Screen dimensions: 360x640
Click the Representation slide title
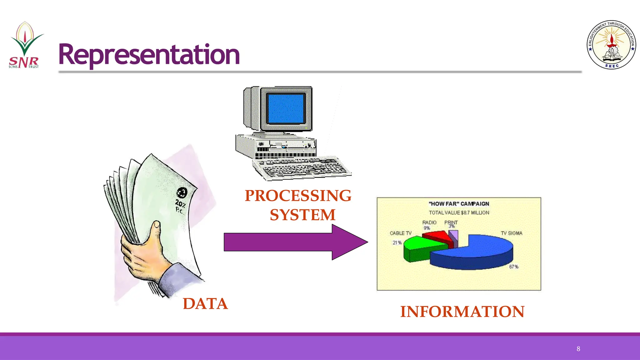(x=149, y=55)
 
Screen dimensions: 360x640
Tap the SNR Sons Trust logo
(x=24, y=45)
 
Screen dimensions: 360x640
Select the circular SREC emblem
(x=611, y=45)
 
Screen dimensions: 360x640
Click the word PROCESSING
(x=298, y=196)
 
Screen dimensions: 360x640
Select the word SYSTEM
(x=302, y=215)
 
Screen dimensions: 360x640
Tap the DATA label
(x=205, y=304)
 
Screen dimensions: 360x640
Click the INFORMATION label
(x=462, y=312)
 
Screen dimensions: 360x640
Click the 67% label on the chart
(x=513, y=267)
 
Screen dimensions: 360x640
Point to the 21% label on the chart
(x=397, y=242)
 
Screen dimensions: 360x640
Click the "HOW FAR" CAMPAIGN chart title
(x=459, y=204)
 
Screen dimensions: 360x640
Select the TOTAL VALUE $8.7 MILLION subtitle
(x=459, y=212)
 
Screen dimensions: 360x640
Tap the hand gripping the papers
(x=144, y=250)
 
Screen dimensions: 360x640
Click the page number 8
(x=578, y=349)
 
